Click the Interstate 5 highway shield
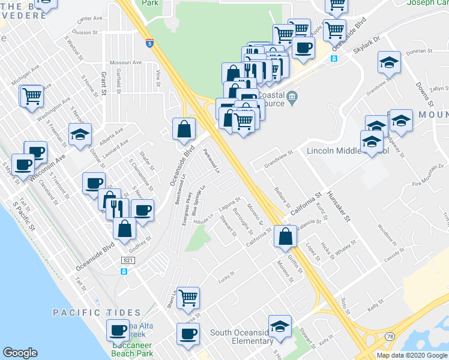click(x=149, y=43)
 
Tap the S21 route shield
click(x=127, y=260)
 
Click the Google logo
click(x=20, y=353)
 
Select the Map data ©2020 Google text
click(x=411, y=355)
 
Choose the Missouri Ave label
click(x=125, y=62)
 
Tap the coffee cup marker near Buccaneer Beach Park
click(x=118, y=330)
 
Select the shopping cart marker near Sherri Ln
click(x=188, y=297)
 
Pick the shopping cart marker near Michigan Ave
click(x=32, y=96)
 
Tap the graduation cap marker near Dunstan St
click(x=389, y=62)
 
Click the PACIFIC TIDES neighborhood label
click(x=96, y=313)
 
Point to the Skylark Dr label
click(x=367, y=46)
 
